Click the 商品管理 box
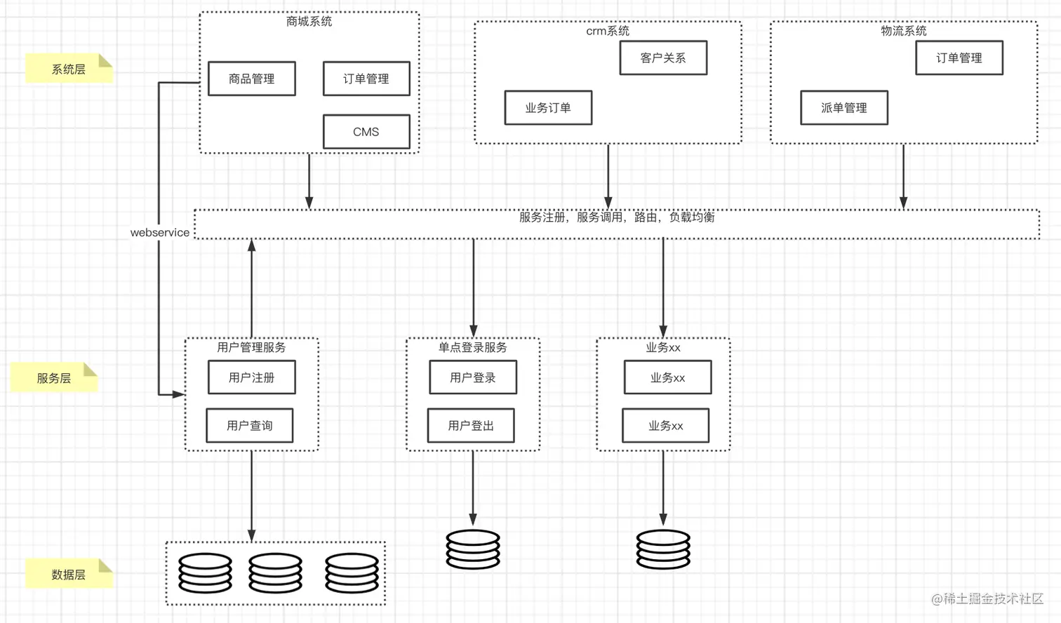(x=251, y=79)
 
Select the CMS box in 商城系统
(x=366, y=132)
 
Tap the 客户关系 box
(x=663, y=58)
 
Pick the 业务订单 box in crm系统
(x=548, y=107)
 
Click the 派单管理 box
(x=844, y=107)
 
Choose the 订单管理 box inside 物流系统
(x=959, y=58)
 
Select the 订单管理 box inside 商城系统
(x=366, y=79)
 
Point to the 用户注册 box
(x=251, y=377)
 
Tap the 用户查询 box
(x=250, y=425)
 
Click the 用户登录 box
(x=473, y=377)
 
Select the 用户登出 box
(x=471, y=425)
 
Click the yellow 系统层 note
(x=69, y=69)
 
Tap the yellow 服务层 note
(x=54, y=378)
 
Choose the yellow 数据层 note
(x=69, y=575)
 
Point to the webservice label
(x=160, y=232)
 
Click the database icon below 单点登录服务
(x=473, y=549)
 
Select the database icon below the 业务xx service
(x=663, y=549)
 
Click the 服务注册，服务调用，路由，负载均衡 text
(x=617, y=217)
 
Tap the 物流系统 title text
(x=904, y=31)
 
